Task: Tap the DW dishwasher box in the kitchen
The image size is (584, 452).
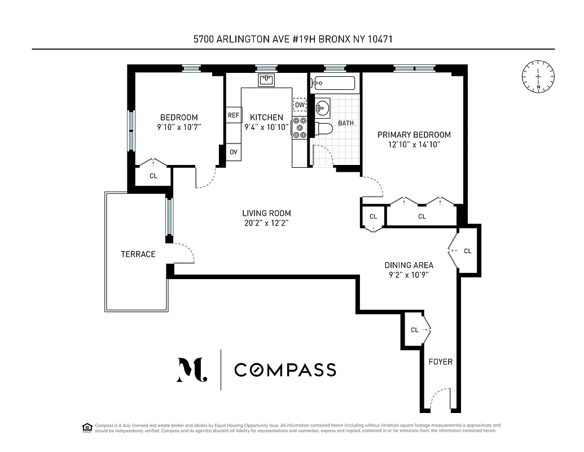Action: pos(300,105)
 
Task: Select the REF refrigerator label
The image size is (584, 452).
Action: pos(233,115)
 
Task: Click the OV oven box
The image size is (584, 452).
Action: pos(233,152)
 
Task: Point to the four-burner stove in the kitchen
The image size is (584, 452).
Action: pos(300,128)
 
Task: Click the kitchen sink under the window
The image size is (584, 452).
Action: pos(266,81)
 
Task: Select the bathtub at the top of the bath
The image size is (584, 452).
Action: pos(333,84)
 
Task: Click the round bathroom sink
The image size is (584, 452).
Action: pos(322,107)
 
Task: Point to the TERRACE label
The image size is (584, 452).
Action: pos(138,254)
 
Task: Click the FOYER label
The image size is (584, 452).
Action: pos(440,362)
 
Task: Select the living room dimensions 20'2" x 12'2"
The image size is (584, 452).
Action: pos(266,223)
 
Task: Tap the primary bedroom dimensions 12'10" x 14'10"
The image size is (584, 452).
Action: pos(414,145)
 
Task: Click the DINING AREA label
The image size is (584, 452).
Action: pos(409,265)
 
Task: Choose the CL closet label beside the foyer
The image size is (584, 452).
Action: pos(414,330)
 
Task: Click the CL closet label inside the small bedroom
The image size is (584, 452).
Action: pos(153,176)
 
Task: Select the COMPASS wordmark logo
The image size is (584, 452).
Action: pos(285,370)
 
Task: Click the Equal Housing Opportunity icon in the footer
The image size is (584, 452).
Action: pos(87,427)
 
